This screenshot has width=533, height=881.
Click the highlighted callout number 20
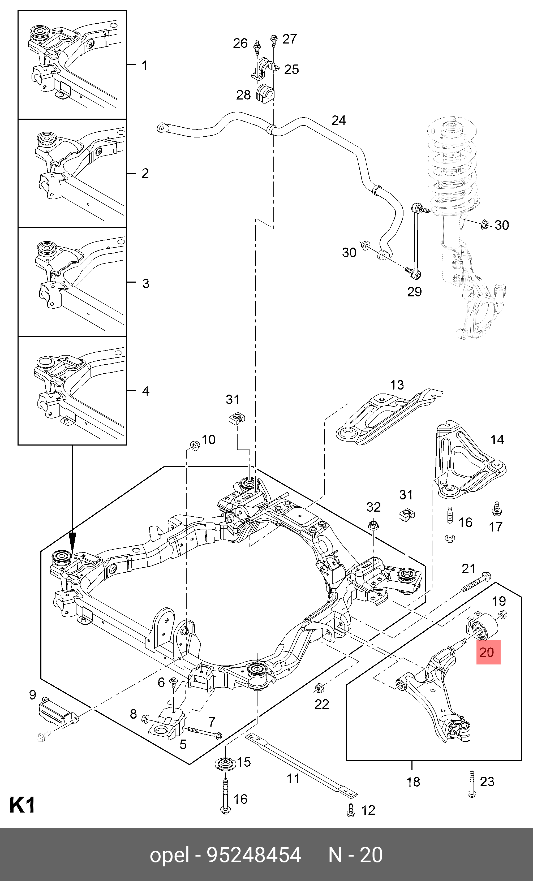tap(488, 653)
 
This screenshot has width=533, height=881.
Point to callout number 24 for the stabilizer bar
tap(338, 120)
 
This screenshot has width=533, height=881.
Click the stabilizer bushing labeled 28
tap(265, 93)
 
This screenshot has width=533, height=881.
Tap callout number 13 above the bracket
tap(397, 385)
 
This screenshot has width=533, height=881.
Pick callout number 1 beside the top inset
tap(144, 66)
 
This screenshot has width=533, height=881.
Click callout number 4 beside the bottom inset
tap(145, 391)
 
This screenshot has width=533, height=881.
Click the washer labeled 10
tap(194, 445)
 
